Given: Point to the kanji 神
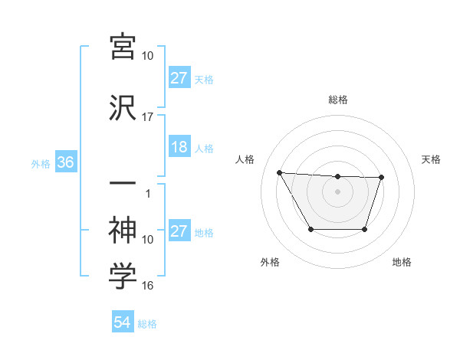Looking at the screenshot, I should pos(123,228).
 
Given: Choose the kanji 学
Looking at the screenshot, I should pos(123,277).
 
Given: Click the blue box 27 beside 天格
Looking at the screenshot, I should pos(179,79).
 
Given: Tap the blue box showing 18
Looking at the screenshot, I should pos(179,148).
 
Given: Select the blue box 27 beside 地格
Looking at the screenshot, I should pos(179,232).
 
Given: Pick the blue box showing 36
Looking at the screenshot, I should pos(65,163).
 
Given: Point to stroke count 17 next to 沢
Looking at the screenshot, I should pos(147,117).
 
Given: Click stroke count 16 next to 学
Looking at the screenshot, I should pos(147,286).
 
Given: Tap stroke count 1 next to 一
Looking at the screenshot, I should pos(149,194).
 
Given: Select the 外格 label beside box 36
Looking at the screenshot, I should pos(40,164).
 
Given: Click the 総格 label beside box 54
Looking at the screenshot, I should pos(147,324).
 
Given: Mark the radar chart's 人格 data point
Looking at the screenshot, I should pos(280,172).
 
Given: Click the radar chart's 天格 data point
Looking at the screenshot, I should pos(382,178).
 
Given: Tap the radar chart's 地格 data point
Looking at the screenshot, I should pos(365,229).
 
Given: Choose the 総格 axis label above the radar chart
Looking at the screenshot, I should pos(337,100).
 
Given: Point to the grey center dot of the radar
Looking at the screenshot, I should pos(337,191).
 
